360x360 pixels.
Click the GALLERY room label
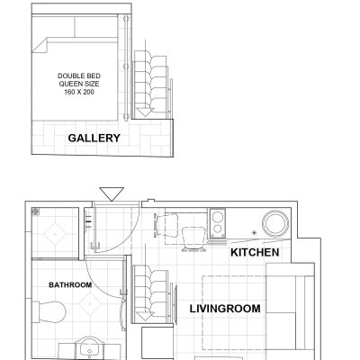[x=94, y=138]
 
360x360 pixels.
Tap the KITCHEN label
[x=255, y=252]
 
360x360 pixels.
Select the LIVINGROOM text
[x=225, y=309]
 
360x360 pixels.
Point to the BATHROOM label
[x=70, y=284]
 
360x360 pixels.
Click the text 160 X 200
[x=79, y=92]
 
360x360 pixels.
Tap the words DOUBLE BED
[x=79, y=76]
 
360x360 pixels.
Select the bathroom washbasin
[x=89, y=348]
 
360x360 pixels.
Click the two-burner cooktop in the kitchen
[x=218, y=223]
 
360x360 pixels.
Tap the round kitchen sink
[x=275, y=223]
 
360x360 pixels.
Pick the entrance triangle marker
[x=112, y=194]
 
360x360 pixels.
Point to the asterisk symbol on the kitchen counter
[x=255, y=232]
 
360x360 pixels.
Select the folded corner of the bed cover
[x=40, y=45]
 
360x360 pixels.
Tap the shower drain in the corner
[x=36, y=211]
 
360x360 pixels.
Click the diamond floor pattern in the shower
[x=55, y=233]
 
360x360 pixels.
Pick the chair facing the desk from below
[x=193, y=238]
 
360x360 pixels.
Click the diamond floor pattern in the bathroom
[x=90, y=304]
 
